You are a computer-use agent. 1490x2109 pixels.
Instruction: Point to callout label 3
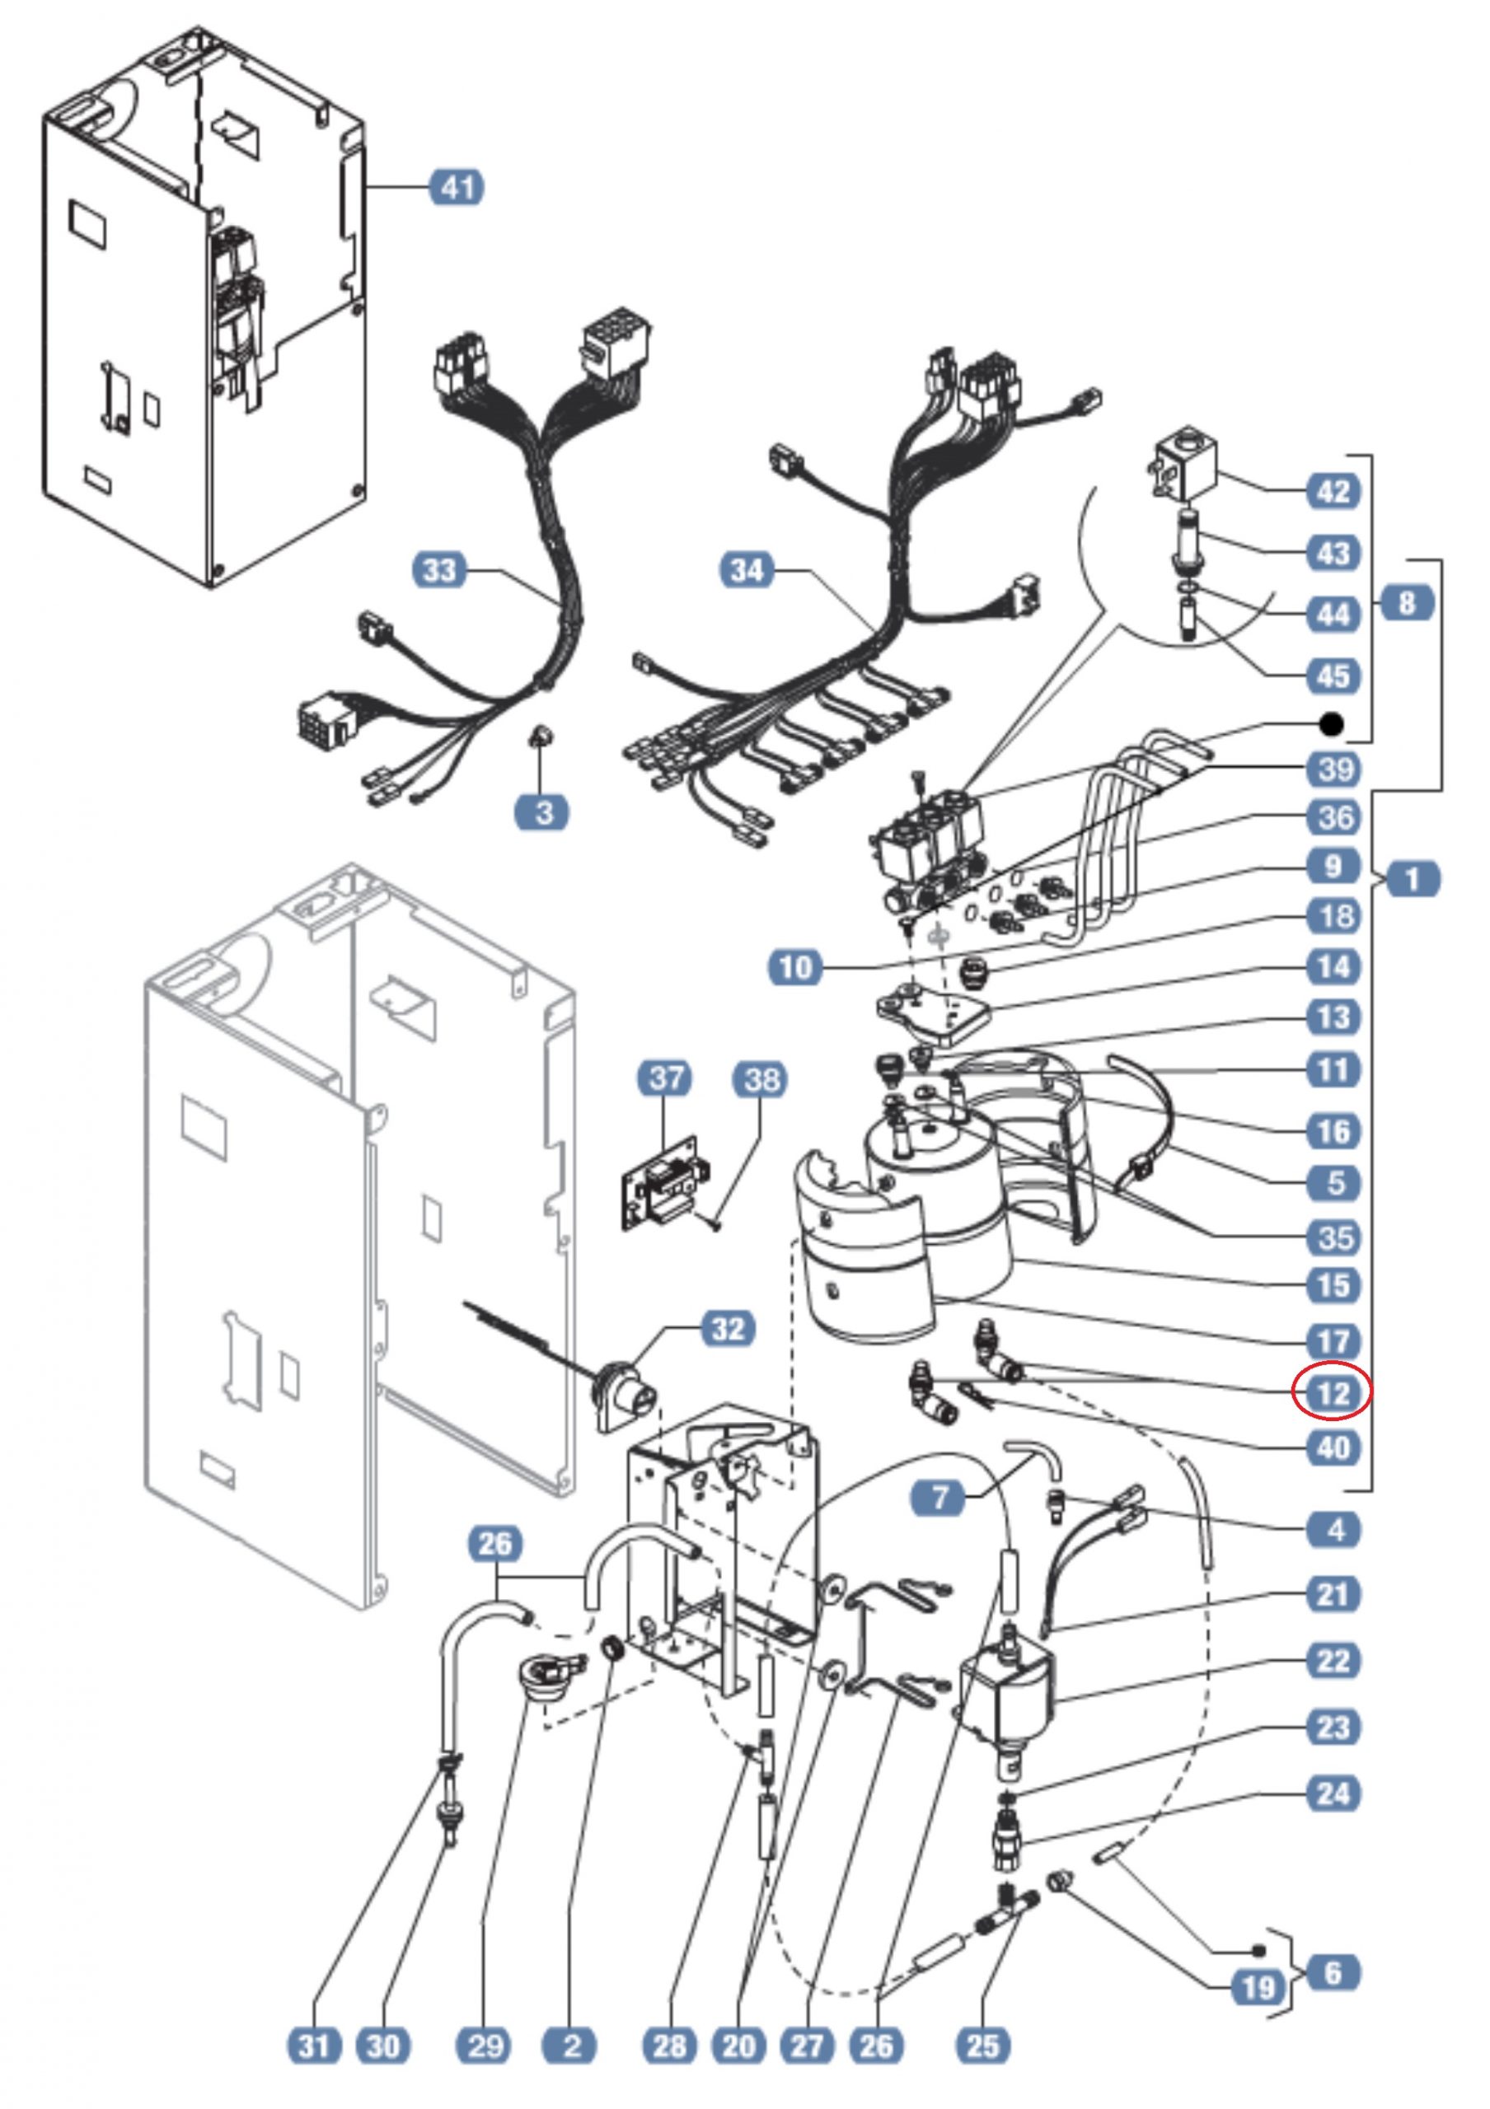[544, 812]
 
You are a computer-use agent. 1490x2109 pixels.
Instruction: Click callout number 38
[761, 1079]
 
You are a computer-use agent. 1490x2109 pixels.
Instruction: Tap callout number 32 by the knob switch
[729, 1328]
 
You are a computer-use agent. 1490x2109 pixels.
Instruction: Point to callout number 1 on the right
[1412, 879]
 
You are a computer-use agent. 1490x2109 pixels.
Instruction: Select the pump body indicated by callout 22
[1009, 1691]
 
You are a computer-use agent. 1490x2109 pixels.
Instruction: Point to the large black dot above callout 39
[1331, 725]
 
